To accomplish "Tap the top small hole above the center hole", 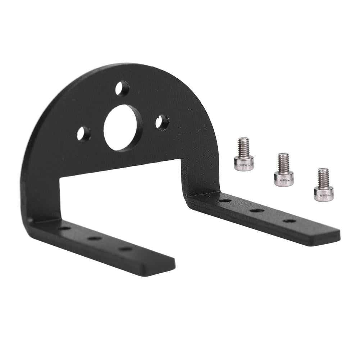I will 122,88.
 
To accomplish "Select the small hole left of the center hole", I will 83,134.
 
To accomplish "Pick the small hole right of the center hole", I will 162,122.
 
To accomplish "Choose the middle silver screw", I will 284,169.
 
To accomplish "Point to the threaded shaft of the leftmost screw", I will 243,147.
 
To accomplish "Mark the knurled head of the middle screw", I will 284,178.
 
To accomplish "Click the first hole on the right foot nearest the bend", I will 225,200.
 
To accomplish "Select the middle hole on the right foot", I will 257,210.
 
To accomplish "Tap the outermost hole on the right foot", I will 289,220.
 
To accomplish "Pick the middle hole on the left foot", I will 95,238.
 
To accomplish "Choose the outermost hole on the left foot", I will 126,249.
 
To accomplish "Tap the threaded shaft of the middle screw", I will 283,162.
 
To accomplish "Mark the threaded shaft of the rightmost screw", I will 323,177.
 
